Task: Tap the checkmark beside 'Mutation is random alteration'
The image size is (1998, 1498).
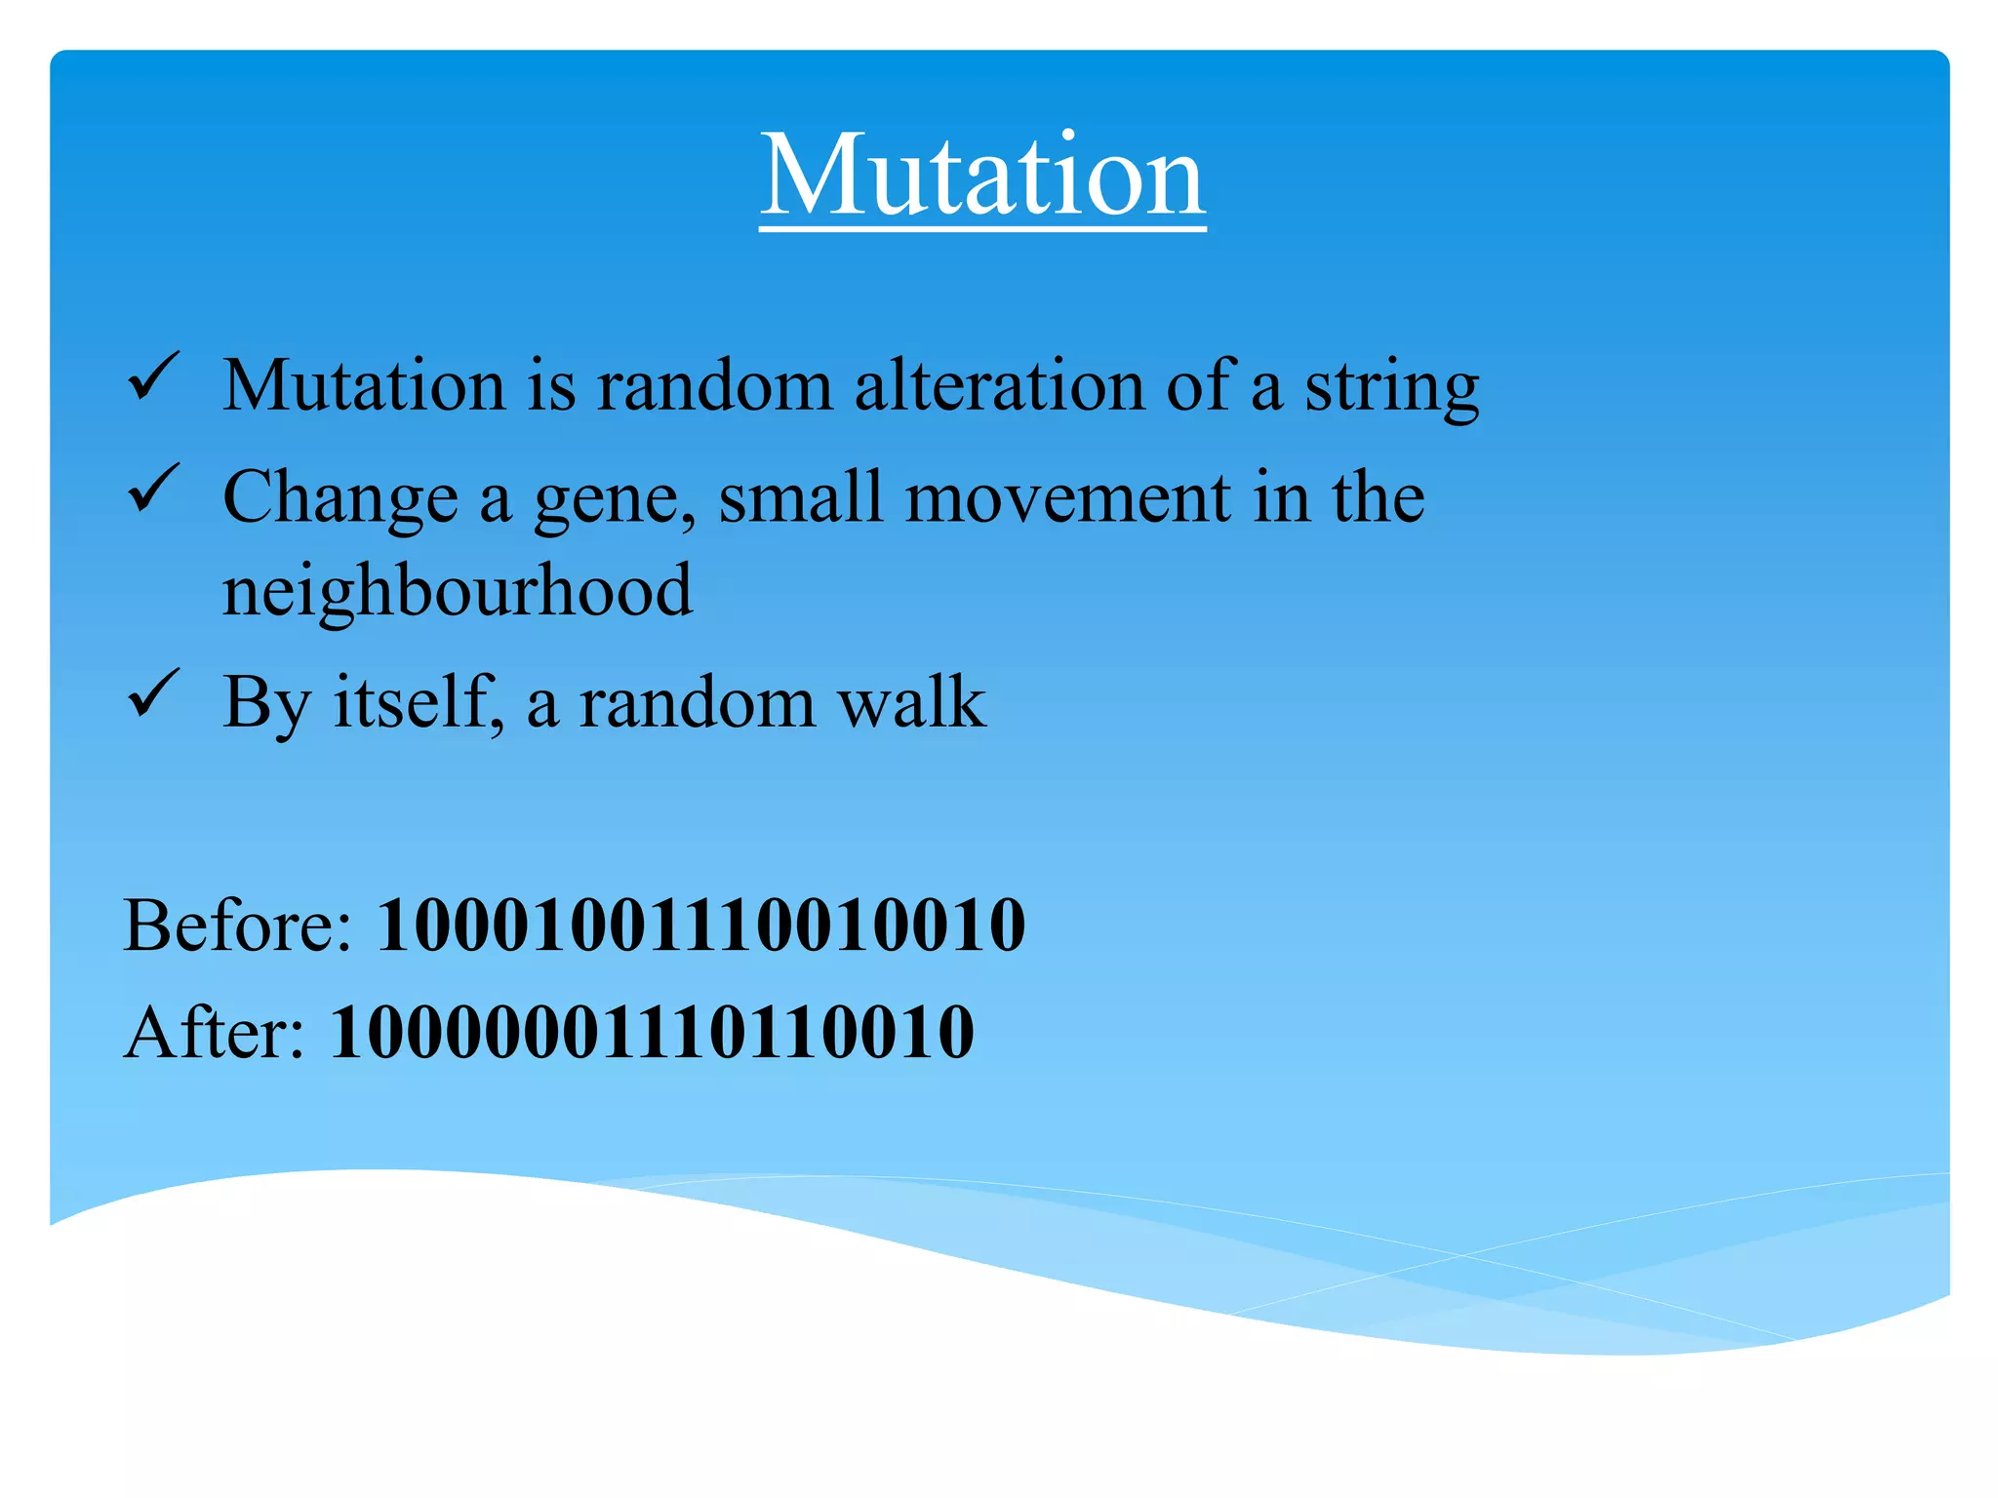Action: pyautogui.click(x=153, y=378)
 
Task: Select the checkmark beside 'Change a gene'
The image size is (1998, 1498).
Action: pyautogui.click(x=153, y=490)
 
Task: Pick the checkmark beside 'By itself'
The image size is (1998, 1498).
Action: pyautogui.click(x=153, y=694)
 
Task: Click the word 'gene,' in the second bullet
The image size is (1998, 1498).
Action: pyautogui.click(x=615, y=499)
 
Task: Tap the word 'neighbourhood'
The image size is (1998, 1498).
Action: pyautogui.click(x=458, y=591)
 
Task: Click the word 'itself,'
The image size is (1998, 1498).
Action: pyautogui.click(x=419, y=702)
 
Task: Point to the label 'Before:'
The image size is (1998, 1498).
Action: pyautogui.click(x=237, y=925)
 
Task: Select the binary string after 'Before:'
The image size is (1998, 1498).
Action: pyautogui.click(x=700, y=925)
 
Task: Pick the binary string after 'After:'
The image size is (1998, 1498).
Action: pyautogui.click(x=652, y=1032)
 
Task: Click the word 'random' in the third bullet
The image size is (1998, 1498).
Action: pyautogui.click(x=697, y=702)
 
